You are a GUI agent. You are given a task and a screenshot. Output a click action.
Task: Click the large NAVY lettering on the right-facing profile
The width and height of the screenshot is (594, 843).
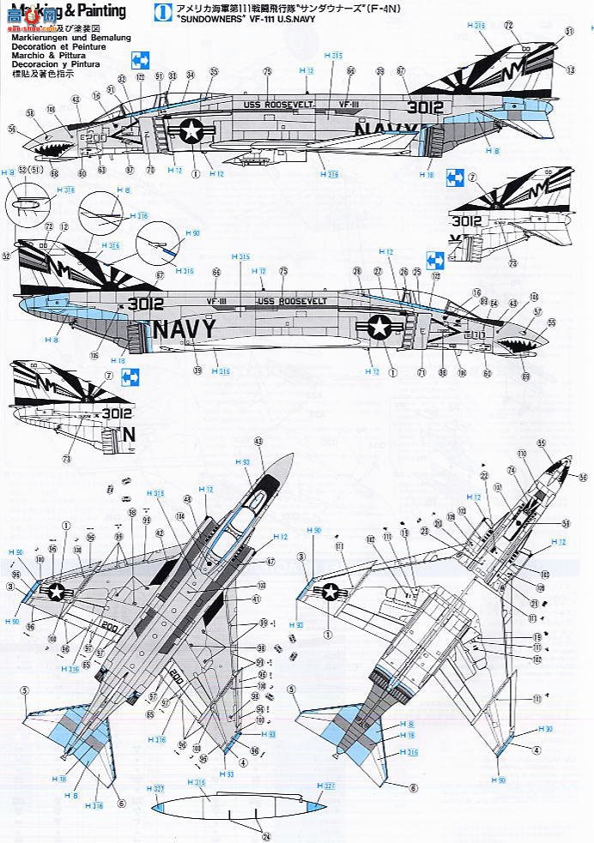click(190, 330)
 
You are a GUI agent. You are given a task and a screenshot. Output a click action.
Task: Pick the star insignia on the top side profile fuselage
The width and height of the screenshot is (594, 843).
click(191, 131)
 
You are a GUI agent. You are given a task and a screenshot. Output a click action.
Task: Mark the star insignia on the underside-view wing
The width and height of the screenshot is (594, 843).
click(330, 591)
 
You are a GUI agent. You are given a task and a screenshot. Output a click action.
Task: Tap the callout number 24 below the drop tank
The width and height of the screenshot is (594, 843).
click(241, 836)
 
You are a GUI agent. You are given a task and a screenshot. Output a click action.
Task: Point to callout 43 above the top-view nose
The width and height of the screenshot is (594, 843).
click(258, 440)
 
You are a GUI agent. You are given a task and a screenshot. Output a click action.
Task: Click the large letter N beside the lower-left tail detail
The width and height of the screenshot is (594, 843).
click(130, 435)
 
